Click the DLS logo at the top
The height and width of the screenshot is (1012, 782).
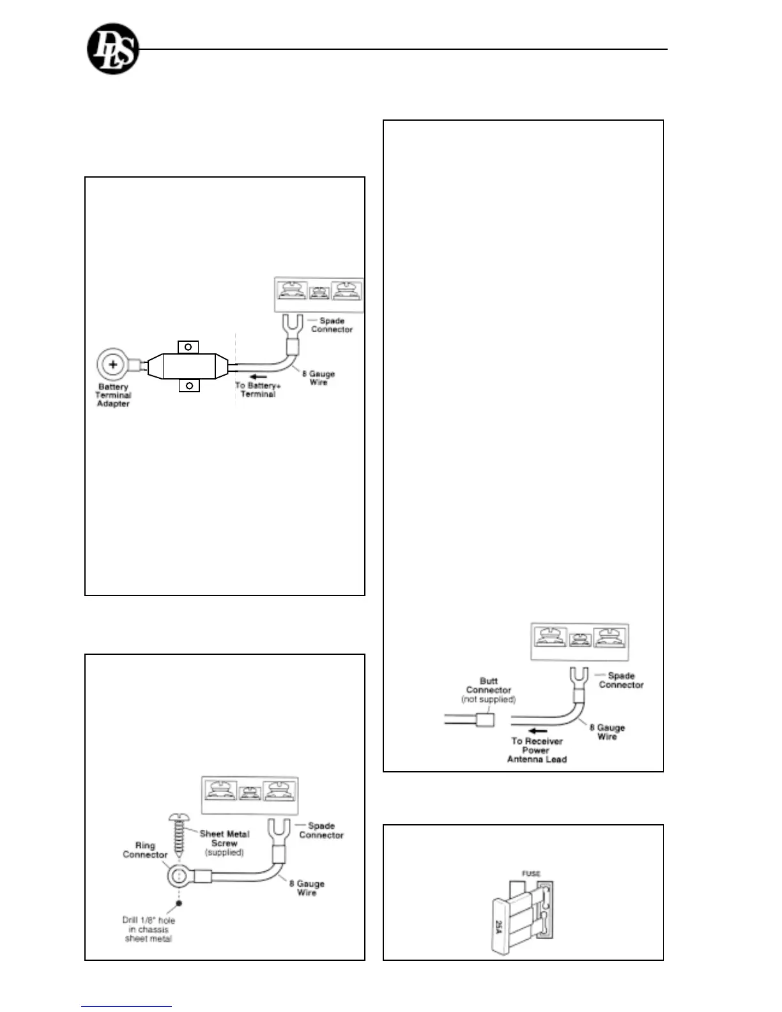point(112,50)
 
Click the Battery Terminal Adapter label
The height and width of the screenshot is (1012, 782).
point(113,395)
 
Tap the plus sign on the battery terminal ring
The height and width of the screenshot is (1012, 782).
point(113,365)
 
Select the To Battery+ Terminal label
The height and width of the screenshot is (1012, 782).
point(257,390)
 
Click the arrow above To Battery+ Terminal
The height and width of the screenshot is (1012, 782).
point(258,377)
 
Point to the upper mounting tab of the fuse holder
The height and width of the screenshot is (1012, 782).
point(188,347)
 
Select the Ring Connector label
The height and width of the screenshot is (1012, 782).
point(145,850)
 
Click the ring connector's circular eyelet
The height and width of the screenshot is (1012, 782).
point(179,875)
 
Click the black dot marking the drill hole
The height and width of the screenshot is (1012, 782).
point(179,903)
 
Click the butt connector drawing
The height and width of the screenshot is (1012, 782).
point(486,721)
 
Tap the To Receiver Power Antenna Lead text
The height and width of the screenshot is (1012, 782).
point(537,750)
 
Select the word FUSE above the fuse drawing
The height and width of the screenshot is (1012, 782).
point(531,873)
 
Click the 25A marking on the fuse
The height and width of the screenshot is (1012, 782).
point(499,926)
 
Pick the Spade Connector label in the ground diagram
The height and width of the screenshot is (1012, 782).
point(321,830)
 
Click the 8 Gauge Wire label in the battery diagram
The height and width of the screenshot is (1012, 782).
point(318,378)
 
